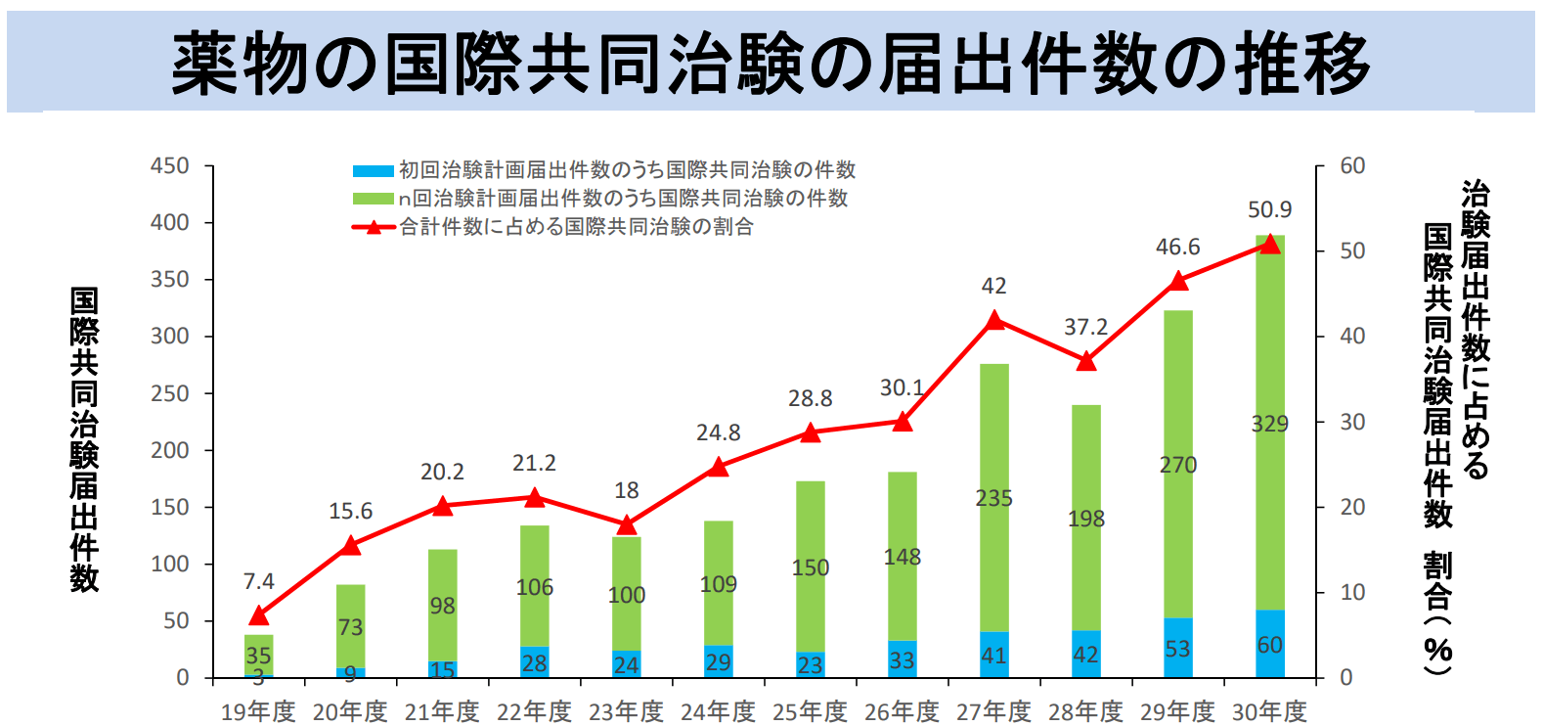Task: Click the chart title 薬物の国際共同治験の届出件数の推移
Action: pyautogui.click(x=771, y=63)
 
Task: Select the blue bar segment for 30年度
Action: pyautogui.click(x=1269, y=644)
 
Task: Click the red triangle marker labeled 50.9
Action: pyautogui.click(x=1269, y=244)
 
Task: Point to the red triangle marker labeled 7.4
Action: pyautogui.click(x=258, y=615)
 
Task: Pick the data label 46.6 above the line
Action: pyautogui.click(x=1177, y=247)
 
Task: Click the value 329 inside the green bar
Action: pyautogui.click(x=1269, y=424)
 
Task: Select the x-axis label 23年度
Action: pyautogui.click(x=626, y=711)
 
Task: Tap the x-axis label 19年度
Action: pyautogui.click(x=258, y=711)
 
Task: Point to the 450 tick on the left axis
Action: pyautogui.click(x=169, y=166)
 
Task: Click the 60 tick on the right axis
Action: pyautogui.click(x=1352, y=166)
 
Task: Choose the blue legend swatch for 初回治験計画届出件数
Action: pyautogui.click(x=373, y=170)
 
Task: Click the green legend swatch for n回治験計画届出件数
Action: pyautogui.click(x=373, y=199)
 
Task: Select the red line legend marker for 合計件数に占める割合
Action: pyautogui.click(x=373, y=227)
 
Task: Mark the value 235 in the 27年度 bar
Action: pyautogui.click(x=993, y=498)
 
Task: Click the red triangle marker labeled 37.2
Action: pyautogui.click(x=1085, y=361)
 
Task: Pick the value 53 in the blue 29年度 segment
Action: pyautogui.click(x=1177, y=649)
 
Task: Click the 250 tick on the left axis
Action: pyautogui.click(x=169, y=393)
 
